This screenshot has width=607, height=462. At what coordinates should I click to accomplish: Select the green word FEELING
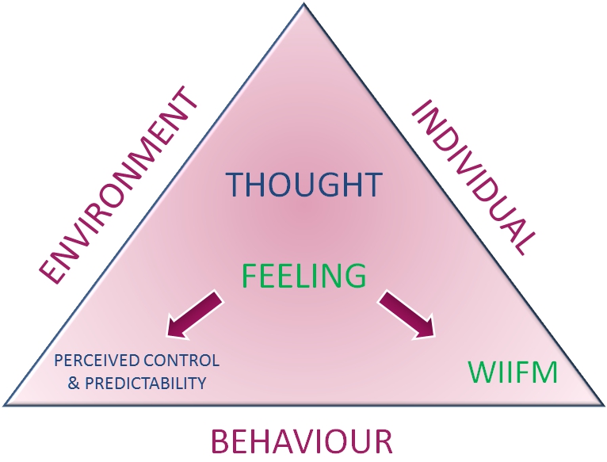[303, 275]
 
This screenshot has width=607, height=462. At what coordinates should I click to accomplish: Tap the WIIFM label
[512, 372]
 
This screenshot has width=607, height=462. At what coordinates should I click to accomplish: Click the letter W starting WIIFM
[479, 372]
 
